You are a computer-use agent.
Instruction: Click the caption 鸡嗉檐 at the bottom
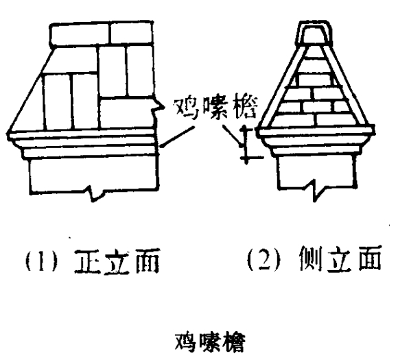210,341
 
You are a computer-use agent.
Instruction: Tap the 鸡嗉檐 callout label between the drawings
215,108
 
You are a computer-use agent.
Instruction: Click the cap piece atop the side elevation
315,34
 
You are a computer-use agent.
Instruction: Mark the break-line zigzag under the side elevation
317,190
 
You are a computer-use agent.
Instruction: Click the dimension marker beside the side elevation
246,144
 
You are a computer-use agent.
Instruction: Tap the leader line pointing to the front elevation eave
178,136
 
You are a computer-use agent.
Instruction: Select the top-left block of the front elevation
80,35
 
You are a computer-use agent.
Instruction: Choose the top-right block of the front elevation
132,32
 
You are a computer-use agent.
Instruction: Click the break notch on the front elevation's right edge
157,106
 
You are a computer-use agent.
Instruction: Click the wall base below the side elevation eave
316,171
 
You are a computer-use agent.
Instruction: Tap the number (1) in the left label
41,261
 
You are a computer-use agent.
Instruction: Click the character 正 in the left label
86,262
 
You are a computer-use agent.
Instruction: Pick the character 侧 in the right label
311,259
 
